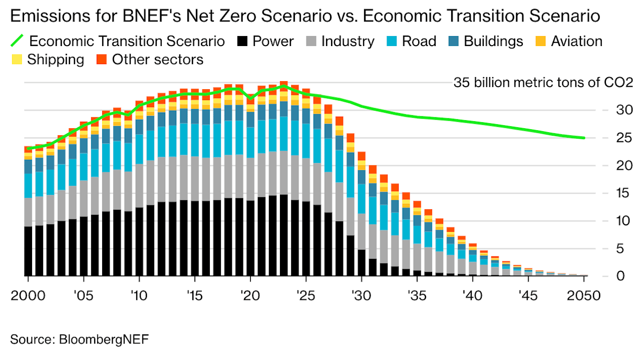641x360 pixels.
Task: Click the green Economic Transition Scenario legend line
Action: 18,40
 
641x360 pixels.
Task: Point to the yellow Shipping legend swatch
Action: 17,60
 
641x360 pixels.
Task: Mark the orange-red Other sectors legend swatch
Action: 102,60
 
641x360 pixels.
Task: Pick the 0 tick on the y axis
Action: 606,276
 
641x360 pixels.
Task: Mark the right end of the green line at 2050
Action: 584,138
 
